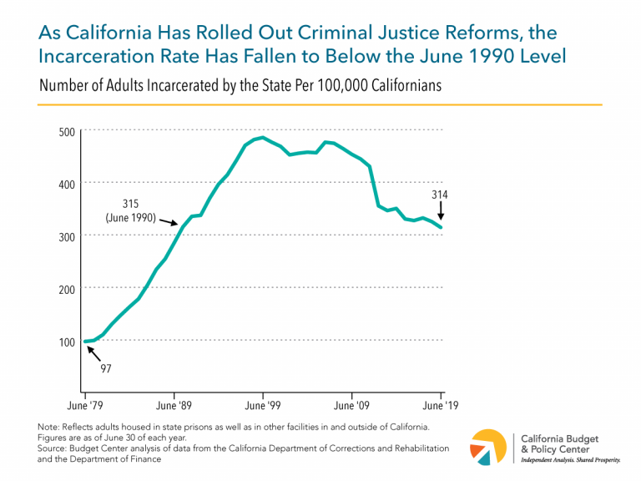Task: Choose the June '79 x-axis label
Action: (84, 407)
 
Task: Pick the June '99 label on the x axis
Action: (263, 407)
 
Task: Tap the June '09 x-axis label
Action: (352, 407)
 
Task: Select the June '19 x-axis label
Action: (441, 407)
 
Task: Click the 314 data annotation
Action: (441, 195)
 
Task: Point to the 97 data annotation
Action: (107, 367)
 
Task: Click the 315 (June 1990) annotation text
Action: (130, 210)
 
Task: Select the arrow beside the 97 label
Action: (94, 354)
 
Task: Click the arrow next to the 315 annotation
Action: (172, 220)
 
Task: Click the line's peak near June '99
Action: (262, 138)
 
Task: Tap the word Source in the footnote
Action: (56, 448)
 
